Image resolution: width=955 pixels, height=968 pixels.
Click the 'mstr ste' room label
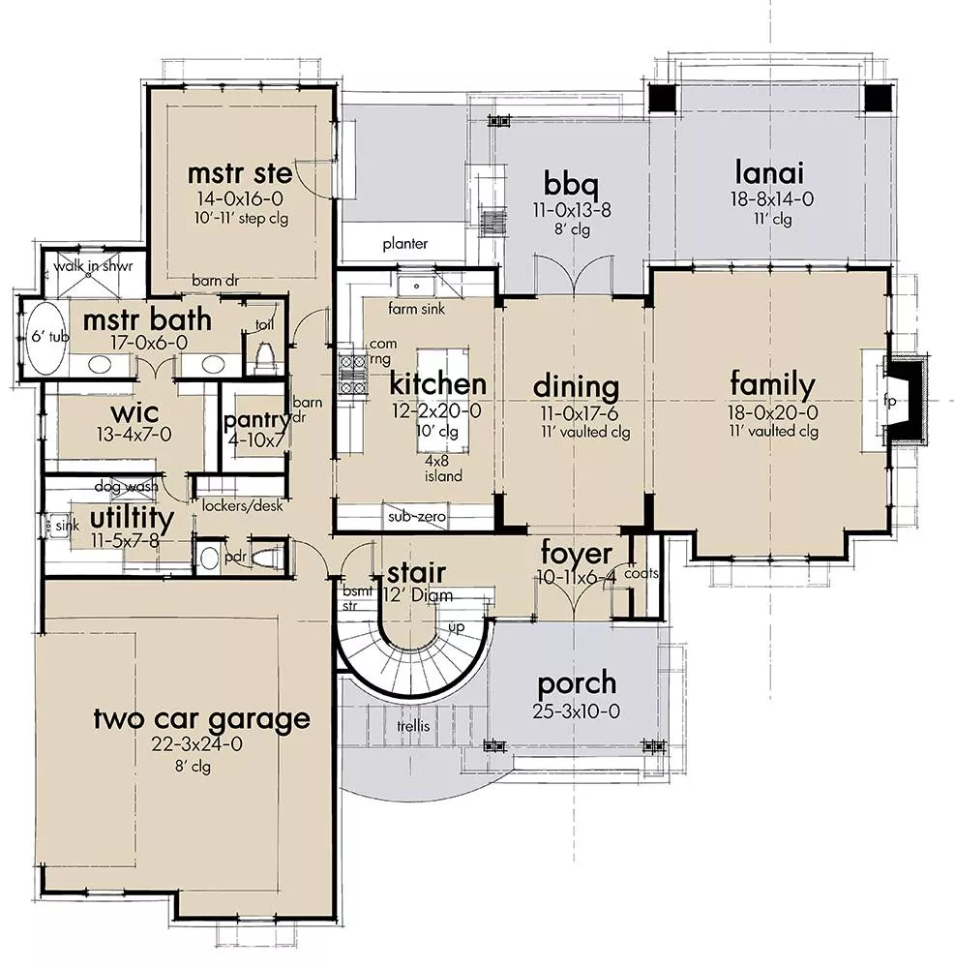pyautogui.click(x=240, y=173)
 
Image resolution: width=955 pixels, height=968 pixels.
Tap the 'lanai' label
pyautogui.click(x=769, y=172)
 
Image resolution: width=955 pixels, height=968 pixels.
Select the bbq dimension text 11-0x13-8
pyautogui.click(x=572, y=210)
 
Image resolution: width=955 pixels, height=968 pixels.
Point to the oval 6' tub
pyautogui.click(x=45, y=338)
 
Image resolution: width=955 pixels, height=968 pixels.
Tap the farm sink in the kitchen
pyautogui.click(x=416, y=287)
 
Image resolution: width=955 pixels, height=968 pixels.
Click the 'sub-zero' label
pyautogui.click(x=416, y=516)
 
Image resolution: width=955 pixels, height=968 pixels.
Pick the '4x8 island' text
pyautogui.click(x=443, y=469)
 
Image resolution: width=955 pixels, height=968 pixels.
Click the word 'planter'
pyautogui.click(x=404, y=244)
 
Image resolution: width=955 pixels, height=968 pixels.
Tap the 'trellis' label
pyautogui.click(x=413, y=726)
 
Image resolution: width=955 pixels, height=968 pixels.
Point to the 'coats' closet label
pyautogui.click(x=641, y=573)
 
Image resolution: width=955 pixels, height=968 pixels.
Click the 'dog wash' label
pyautogui.click(x=126, y=487)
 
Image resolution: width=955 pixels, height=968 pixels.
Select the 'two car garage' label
pyautogui.click(x=201, y=718)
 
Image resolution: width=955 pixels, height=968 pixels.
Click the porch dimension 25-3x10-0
pyautogui.click(x=577, y=711)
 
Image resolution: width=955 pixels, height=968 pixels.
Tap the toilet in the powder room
pyautogui.click(x=265, y=559)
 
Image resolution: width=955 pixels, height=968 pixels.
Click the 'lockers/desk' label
pyautogui.click(x=243, y=505)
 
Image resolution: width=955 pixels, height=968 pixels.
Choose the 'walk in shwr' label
pyautogui.click(x=93, y=267)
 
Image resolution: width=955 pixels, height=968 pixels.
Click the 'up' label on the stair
pyautogui.click(x=457, y=628)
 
